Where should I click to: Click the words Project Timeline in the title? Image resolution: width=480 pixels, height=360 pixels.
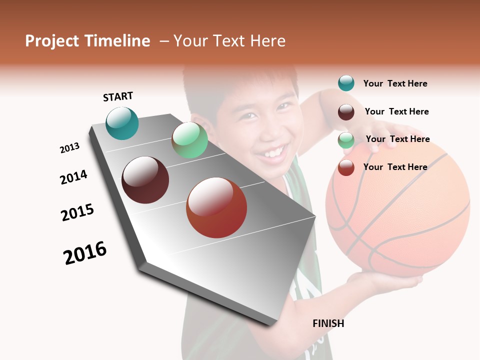point(87,41)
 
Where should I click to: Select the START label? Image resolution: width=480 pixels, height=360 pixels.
point(118,96)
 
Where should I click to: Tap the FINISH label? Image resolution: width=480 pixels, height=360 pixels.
point(328,323)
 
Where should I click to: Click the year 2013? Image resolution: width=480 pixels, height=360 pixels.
point(69,147)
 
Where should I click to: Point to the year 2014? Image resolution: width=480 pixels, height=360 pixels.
point(73,177)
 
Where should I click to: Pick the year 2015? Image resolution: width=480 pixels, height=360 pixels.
point(77,212)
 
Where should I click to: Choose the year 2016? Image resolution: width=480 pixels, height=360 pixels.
point(85,252)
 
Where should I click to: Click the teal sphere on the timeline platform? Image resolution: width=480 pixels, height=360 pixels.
point(122,123)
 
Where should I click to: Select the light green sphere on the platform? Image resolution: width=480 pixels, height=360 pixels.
point(189,140)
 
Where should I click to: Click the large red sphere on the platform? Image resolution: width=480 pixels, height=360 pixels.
point(216,207)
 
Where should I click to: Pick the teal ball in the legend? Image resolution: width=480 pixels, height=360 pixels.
point(346,83)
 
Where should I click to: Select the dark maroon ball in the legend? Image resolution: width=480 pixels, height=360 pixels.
point(346,112)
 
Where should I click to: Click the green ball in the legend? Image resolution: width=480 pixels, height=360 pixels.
point(346,140)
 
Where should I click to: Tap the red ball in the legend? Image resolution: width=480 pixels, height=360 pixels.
point(346,167)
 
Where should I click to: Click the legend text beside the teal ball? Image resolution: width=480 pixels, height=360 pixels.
point(395,83)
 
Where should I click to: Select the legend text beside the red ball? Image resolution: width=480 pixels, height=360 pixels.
point(395,167)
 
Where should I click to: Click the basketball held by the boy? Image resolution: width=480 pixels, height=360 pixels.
point(397,210)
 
